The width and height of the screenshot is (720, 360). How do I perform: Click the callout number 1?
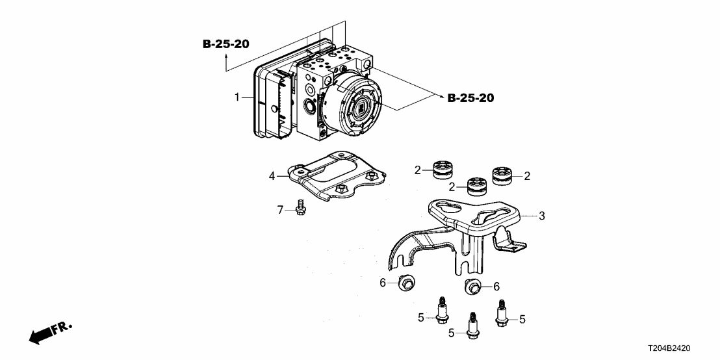coord(238,97)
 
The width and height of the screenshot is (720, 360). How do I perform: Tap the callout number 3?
coord(542,215)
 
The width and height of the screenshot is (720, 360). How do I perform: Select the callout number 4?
coord(273,175)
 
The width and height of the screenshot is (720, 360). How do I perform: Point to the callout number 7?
coord(281,209)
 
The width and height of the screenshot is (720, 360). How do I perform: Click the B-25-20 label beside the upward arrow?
coord(225,44)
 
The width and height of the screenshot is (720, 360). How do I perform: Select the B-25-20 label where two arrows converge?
coord(470,98)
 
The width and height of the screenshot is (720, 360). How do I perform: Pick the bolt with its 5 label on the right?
coord(502,315)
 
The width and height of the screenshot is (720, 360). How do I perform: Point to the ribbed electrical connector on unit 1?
coord(281,104)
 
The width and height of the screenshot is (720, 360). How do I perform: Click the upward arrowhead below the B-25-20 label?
coord(225,58)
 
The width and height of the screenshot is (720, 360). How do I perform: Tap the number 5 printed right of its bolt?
coord(522,318)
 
